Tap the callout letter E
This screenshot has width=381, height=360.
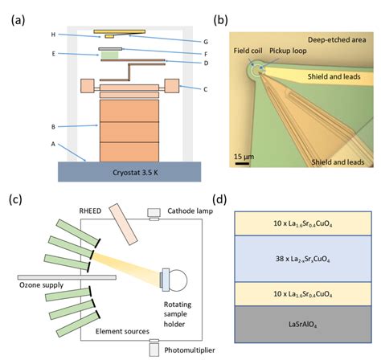point(52,55)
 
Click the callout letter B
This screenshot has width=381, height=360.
point(52,126)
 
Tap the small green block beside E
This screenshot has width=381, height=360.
point(109,56)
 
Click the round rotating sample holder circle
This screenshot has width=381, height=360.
point(180,278)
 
